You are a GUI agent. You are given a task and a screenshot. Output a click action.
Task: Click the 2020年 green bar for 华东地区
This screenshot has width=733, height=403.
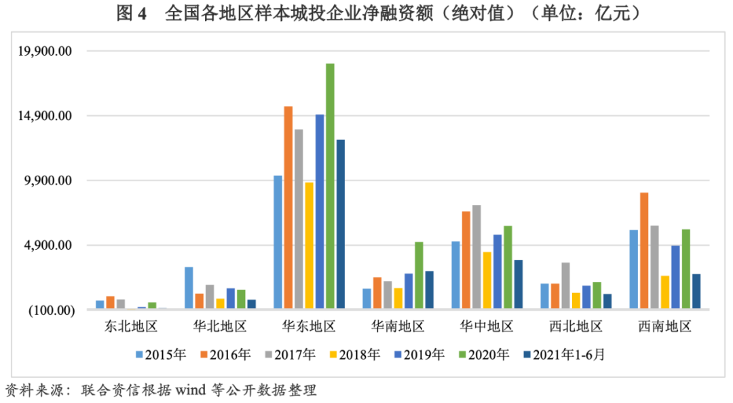330,187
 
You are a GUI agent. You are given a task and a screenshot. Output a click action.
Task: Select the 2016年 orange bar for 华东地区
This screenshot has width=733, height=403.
288,208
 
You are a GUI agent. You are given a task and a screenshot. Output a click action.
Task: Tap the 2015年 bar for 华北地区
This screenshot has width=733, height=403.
189,288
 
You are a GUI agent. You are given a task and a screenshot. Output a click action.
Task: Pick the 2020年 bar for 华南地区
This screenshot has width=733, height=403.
419,275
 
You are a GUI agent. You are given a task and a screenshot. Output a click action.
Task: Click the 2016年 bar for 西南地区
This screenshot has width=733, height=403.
644,251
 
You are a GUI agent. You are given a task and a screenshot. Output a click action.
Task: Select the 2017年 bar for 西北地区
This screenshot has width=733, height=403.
565,286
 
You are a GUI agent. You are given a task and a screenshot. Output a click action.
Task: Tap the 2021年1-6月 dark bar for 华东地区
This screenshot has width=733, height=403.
341,225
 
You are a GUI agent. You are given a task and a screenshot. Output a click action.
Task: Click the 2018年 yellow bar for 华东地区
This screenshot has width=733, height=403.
309,246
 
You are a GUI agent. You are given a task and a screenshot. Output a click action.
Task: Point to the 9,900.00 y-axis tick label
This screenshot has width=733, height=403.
48,180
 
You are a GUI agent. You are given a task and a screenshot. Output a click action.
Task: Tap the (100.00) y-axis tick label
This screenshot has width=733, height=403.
50,310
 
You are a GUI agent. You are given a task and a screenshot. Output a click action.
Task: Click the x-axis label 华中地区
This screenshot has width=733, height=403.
487,326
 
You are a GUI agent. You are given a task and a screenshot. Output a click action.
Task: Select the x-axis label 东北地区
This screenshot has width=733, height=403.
132,326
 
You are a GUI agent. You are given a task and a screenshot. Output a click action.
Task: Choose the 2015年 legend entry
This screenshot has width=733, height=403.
160,354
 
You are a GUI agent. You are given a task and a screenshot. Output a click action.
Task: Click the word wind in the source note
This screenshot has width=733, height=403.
193,390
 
